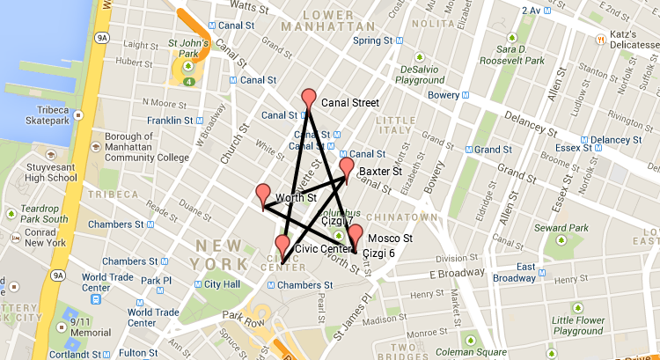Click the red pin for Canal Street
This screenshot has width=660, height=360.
pos(308,99)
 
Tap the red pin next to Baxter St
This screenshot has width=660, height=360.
pos(347,168)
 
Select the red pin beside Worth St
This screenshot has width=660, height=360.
pos(263,195)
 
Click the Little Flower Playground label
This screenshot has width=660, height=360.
pos(590,326)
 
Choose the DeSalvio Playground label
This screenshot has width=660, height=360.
pos(421,74)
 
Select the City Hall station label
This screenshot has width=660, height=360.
pos(222,284)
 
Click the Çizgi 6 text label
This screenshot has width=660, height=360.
pos(378,253)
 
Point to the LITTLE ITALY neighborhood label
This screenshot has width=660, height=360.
pos(395,126)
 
